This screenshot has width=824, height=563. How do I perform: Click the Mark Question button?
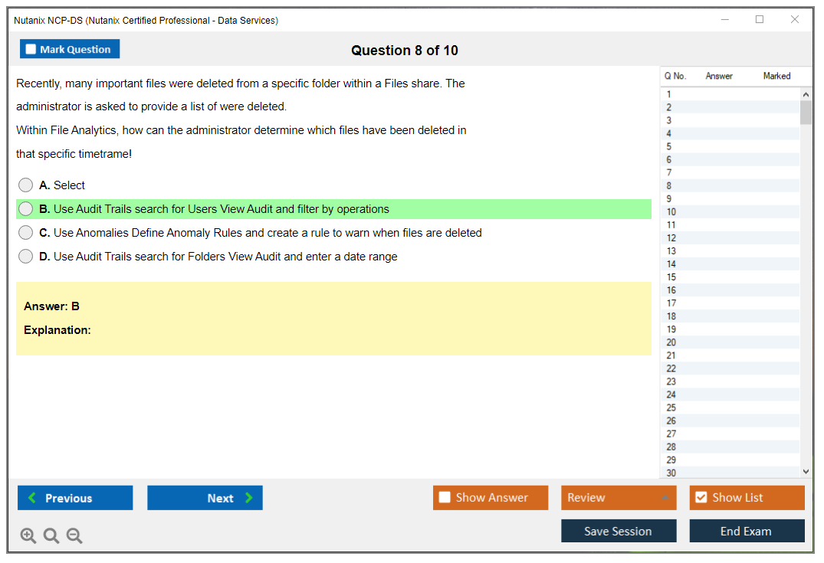pyautogui.click(x=70, y=49)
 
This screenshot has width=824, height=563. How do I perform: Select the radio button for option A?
pyautogui.click(x=25, y=185)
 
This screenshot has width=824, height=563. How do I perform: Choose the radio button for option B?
pyautogui.click(x=25, y=209)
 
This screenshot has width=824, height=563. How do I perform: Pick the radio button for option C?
pyautogui.click(x=25, y=233)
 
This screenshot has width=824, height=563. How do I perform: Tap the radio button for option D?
pyautogui.click(x=25, y=257)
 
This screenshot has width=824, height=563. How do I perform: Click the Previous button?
pyautogui.click(x=75, y=498)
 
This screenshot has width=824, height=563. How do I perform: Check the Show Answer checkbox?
pyautogui.click(x=445, y=497)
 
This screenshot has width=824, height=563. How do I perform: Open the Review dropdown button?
pyautogui.click(x=619, y=497)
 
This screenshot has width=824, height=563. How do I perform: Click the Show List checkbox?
pyautogui.click(x=701, y=497)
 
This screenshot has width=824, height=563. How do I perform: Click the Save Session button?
pyautogui.click(x=619, y=531)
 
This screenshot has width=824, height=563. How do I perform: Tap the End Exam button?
pyautogui.click(x=747, y=531)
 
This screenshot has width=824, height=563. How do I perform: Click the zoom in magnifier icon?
pyautogui.click(x=28, y=535)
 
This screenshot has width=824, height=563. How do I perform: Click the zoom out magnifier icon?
pyautogui.click(x=74, y=535)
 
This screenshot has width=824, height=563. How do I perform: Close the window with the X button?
pyautogui.click(x=795, y=19)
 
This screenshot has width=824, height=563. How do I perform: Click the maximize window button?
pyautogui.click(x=760, y=19)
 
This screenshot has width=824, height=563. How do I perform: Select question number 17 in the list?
pyautogui.click(x=671, y=303)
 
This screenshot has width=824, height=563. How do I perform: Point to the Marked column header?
pyautogui.click(x=776, y=76)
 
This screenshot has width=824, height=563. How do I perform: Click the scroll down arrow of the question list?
pyautogui.click(x=806, y=472)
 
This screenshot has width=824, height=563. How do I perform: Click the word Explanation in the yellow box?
pyautogui.click(x=57, y=330)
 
